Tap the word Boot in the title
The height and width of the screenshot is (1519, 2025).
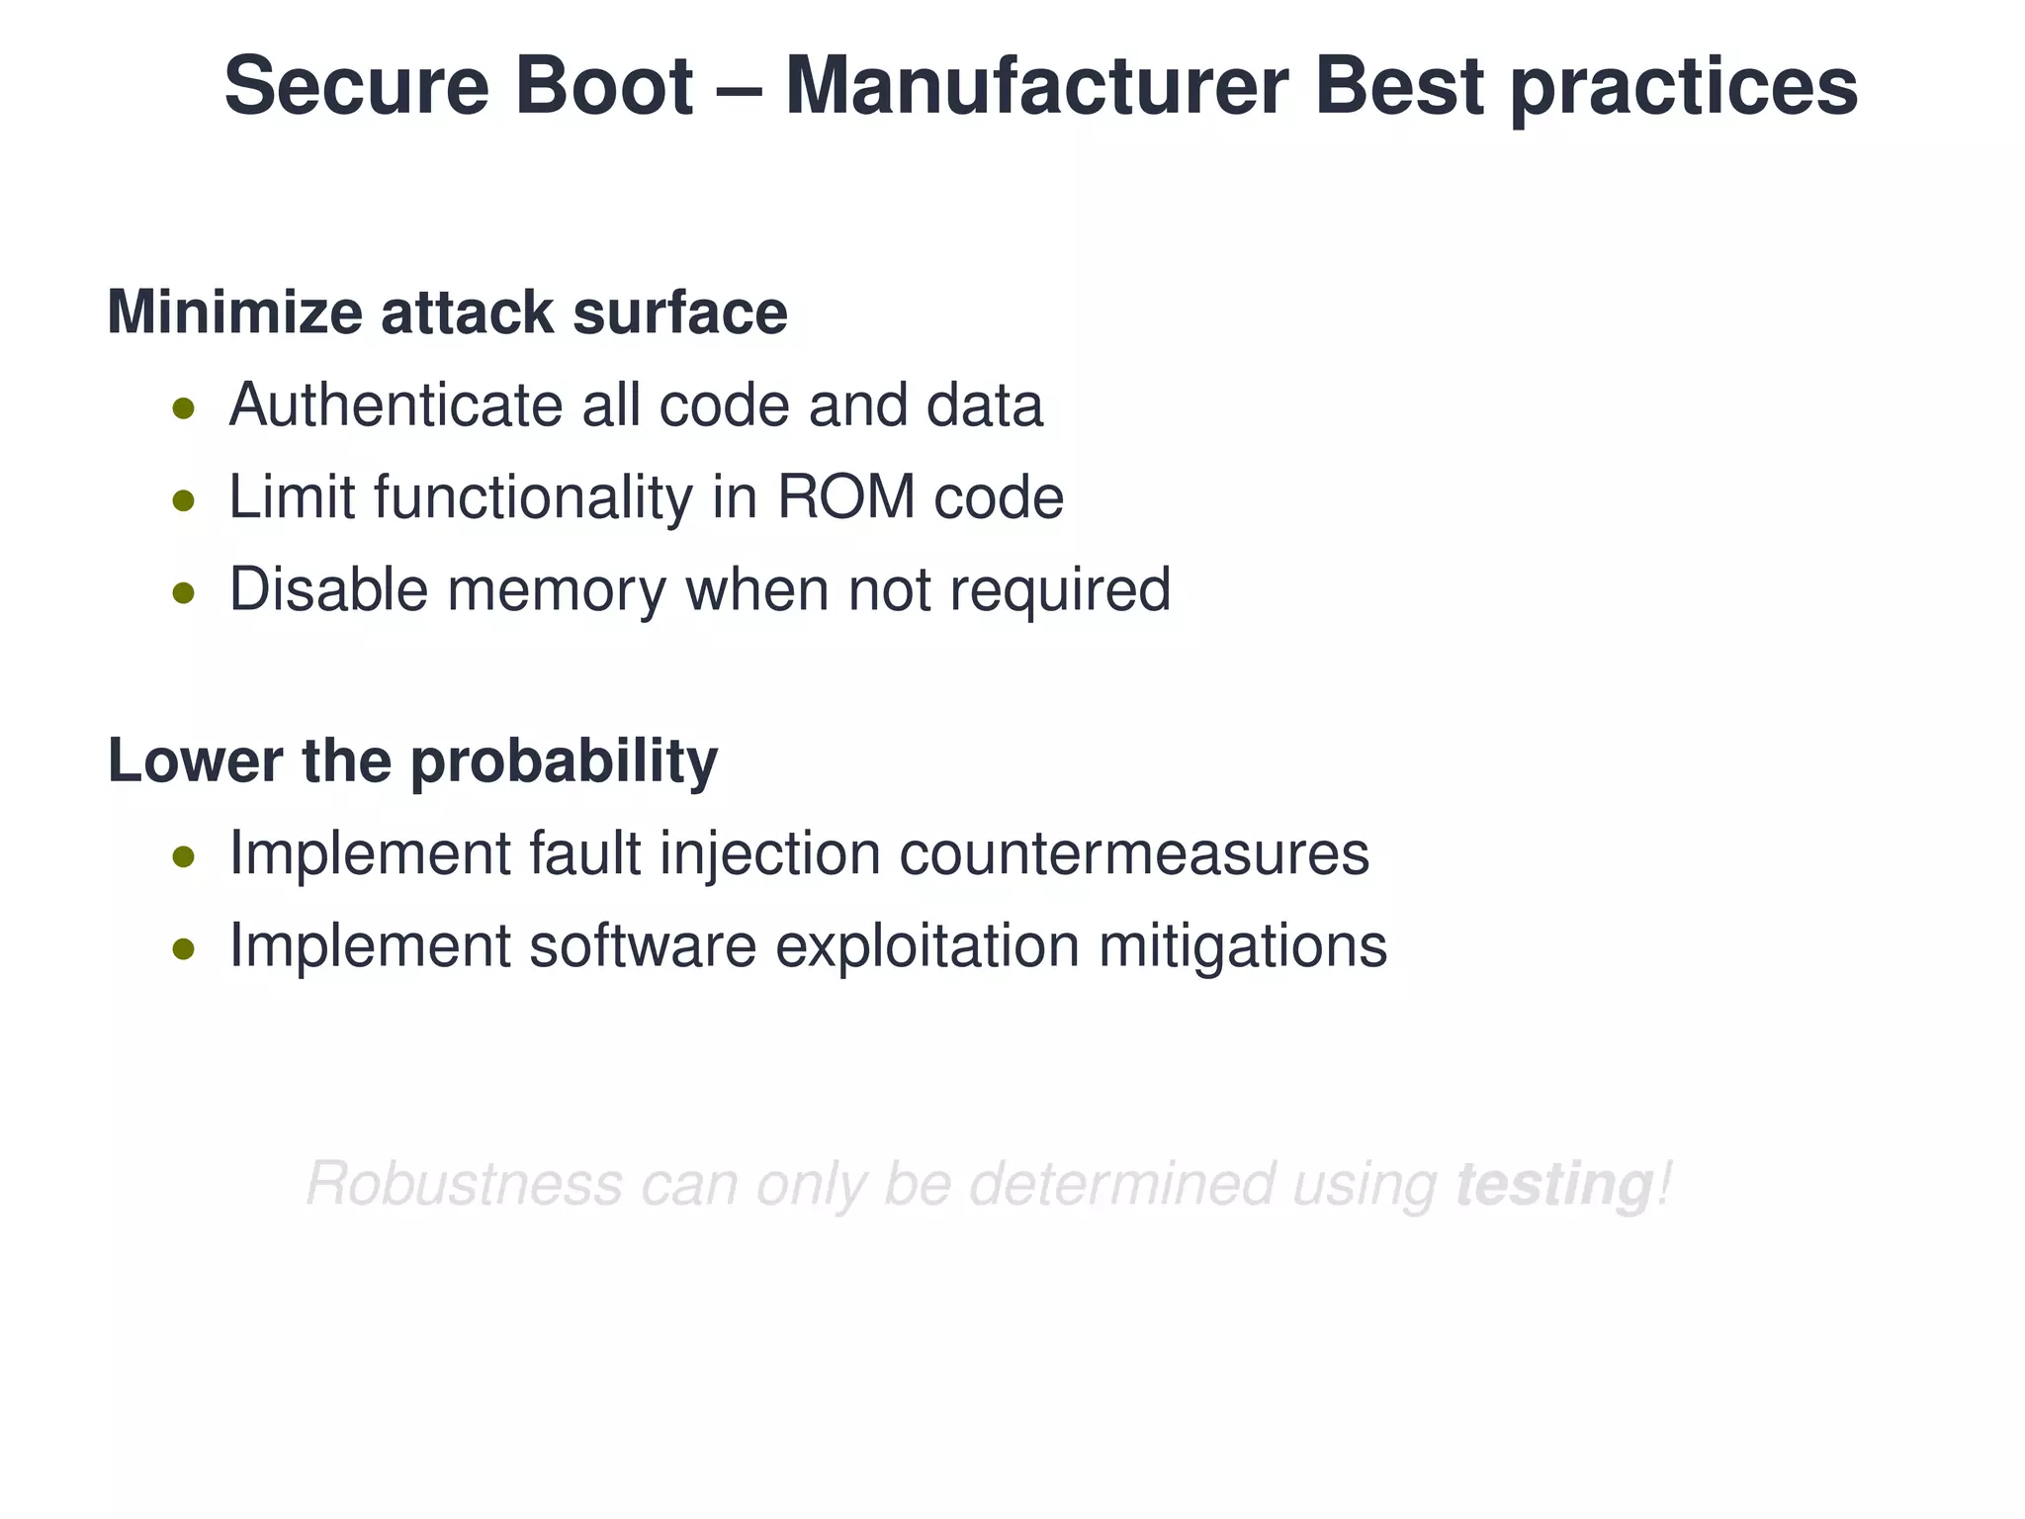coord(603,86)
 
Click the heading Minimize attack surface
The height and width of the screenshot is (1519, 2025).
coord(447,313)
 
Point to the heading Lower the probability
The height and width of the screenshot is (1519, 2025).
coord(412,761)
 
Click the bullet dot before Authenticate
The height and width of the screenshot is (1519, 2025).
coord(183,407)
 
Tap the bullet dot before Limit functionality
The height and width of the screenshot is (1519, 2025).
coord(183,500)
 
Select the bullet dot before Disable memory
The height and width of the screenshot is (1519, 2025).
coord(183,592)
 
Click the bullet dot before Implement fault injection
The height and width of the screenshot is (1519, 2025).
coord(183,856)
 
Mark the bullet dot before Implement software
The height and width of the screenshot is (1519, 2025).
coord(183,949)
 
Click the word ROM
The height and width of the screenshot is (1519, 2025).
coord(846,496)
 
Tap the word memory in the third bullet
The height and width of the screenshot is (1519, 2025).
coord(557,590)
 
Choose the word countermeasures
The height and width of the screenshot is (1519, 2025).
coord(1134,853)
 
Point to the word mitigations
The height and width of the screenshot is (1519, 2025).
coord(1243,946)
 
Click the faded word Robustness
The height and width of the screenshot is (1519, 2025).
coord(465,1184)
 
